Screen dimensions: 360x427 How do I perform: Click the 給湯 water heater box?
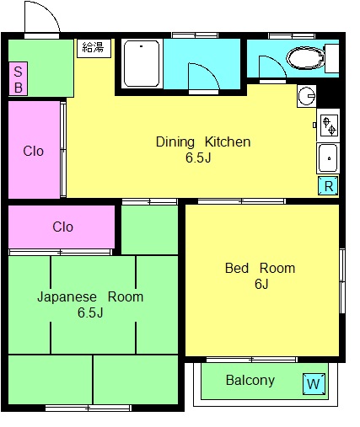(94, 48)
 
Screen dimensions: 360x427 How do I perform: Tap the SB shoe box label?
(18, 78)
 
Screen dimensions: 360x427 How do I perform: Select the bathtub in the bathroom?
(142, 64)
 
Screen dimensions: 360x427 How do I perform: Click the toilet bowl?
(306, 59)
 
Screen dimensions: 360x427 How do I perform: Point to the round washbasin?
(307, 96)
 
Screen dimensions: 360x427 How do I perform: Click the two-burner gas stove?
(328, 125)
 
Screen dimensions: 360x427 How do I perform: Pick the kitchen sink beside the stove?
(328, 158)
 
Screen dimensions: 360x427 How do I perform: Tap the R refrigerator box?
(328, 185)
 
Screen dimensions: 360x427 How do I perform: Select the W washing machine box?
(314, 383)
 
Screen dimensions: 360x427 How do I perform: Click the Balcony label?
(250, 381)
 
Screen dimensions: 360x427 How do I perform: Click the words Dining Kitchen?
(203, 141)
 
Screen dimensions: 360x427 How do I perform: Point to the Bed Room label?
(261, 268)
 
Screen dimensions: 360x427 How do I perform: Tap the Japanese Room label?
(90, 297)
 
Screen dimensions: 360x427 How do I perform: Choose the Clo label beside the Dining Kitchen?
(34, 152)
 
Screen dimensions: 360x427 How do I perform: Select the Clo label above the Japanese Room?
(63, 227)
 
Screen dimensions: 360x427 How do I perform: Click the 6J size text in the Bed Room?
(261, 284)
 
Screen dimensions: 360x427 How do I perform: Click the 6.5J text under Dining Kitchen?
(198, 157)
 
